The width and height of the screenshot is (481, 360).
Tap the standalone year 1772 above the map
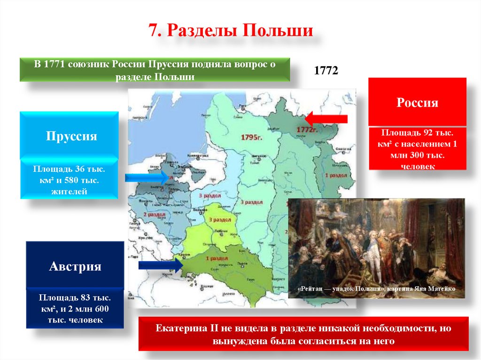(326, 70)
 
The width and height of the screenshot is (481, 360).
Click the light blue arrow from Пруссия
(146, 177)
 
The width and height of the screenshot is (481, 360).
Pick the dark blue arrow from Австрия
(160, 265)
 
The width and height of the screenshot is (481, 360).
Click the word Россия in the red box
(417, 103)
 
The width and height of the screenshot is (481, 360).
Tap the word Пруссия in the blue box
(71, 136)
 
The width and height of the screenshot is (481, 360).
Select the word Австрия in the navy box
(75, 267)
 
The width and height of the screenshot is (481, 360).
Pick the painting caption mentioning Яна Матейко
(376, 289)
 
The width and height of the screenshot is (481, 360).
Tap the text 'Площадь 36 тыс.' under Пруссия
(69, 168)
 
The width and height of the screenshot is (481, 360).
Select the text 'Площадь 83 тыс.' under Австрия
(75, 298)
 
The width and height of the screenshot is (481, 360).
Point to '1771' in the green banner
(54, 64)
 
